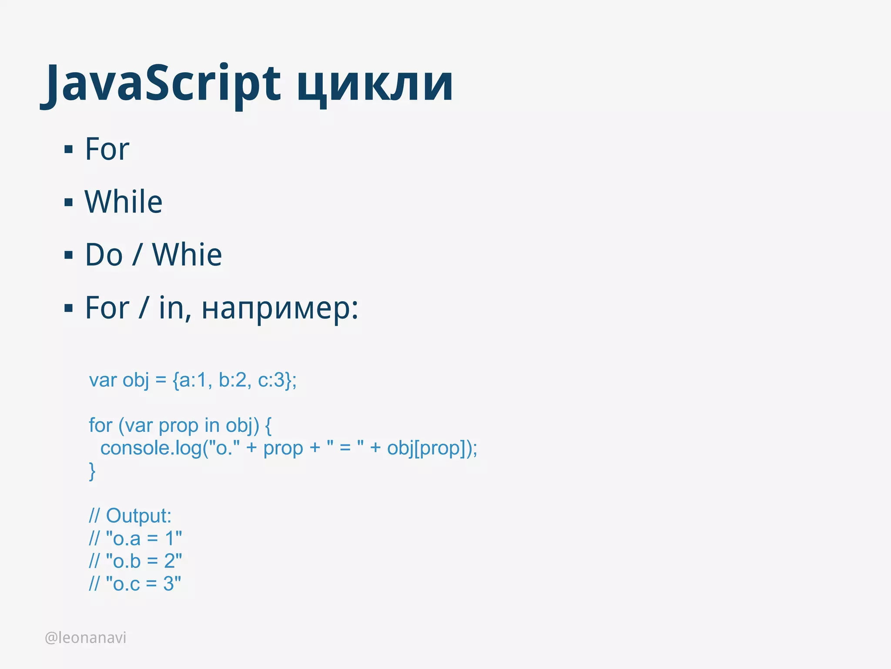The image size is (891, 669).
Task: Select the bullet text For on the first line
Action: click(107, 149)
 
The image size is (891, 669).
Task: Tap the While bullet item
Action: click(124, 202)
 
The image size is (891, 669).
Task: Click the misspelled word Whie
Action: click(187, 255)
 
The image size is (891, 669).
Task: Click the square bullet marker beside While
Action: click(68, 202)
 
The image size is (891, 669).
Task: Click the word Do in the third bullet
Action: click(104, 255)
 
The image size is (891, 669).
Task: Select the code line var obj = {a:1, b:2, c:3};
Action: click(193, 380)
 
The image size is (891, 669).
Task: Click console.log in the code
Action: click(151, 448)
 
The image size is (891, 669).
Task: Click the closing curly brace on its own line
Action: click(92, 471)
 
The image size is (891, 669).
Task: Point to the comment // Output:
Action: click(130, 516)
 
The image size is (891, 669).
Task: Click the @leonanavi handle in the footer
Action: click(86, 638)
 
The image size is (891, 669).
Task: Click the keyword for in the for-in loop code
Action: click(100, 426)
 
